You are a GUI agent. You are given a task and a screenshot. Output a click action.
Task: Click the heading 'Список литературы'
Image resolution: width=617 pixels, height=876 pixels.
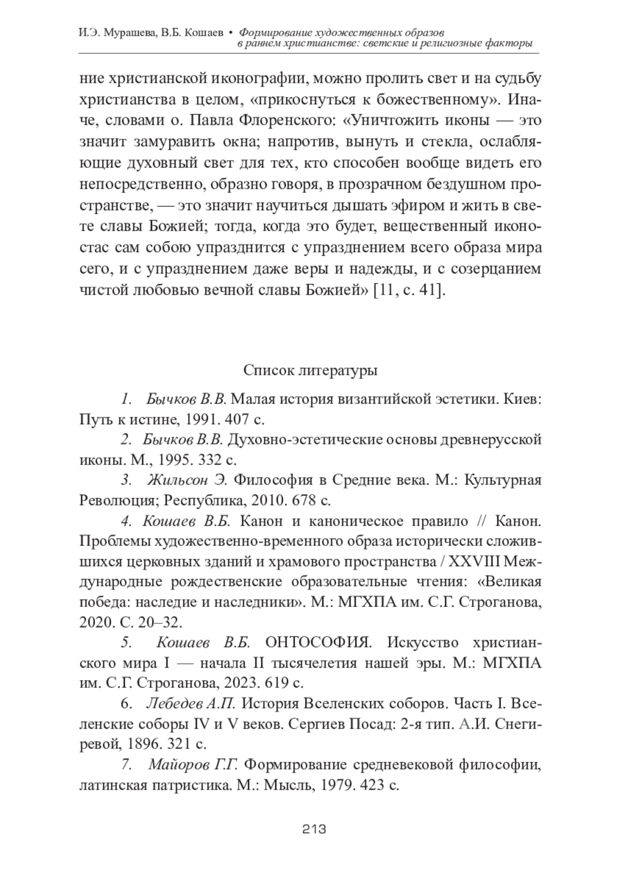[310, 370]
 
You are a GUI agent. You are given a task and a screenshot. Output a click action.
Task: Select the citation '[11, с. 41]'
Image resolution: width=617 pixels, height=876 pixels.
[409, 290]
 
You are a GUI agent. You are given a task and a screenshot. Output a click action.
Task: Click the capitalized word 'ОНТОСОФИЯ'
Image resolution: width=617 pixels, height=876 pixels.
[318, 642]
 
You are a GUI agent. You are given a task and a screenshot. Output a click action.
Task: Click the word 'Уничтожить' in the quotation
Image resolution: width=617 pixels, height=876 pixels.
[401, 121]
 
